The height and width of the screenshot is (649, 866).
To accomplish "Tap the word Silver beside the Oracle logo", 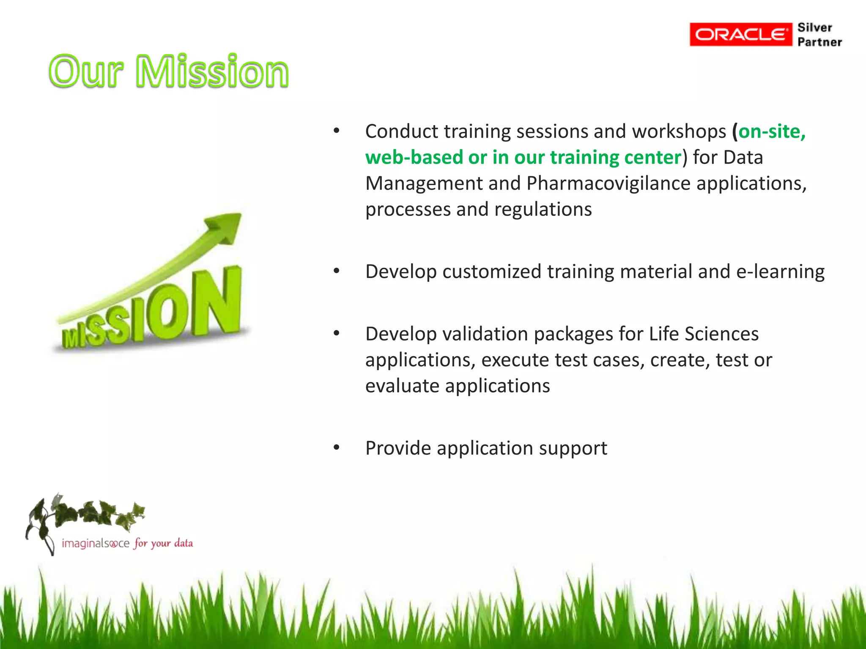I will coord(814,27).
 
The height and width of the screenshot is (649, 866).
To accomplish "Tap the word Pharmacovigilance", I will coord(608,184).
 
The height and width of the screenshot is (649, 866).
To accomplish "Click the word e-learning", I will coord(780,271).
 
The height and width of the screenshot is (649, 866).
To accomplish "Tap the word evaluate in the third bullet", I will coord(402,386).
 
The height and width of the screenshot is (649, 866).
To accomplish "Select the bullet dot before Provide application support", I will coord(336,447).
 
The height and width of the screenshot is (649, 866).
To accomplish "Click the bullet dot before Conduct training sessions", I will coord(336,131).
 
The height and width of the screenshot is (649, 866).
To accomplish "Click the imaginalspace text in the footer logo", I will coord(96,543).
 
